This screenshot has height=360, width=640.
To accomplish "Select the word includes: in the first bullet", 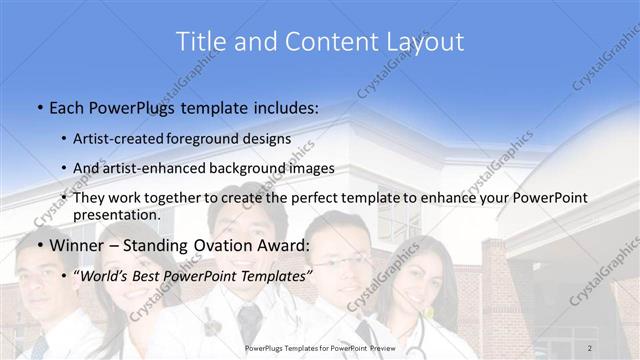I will (x=283, y=107).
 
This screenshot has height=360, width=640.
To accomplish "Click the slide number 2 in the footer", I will (x=590, y=347).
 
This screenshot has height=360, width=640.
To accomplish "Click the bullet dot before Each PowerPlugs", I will (x=39, y=107).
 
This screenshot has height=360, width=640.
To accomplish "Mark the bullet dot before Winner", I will (x=39, y=245).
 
